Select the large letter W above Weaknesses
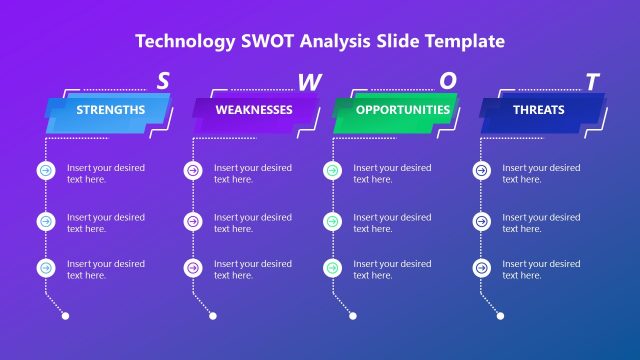point(309,83)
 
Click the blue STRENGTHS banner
point(110,110)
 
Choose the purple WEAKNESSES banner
point(254,110)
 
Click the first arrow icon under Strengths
point(45,171)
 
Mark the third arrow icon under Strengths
point(45,268)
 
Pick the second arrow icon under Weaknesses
point(192,220)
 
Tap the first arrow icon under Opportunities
point(331,171)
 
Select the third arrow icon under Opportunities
point(331,268)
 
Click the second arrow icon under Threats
point(480,220)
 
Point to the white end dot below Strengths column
point(66,316)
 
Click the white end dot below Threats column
point(501,316)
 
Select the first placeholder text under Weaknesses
point(253,174)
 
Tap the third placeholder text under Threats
point(541,270)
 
